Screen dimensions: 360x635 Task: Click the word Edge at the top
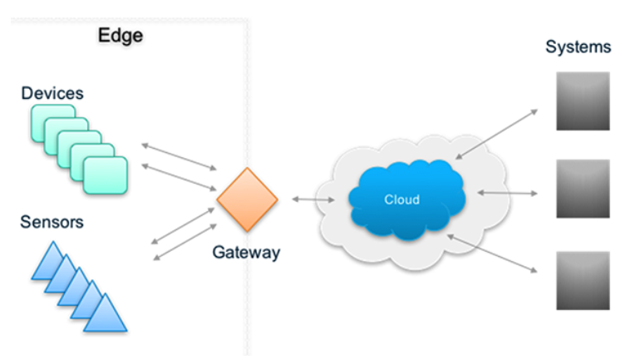[x=121, y=35]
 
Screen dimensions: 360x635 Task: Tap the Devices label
[x=52, y=93]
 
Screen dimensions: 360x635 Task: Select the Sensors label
[x=52, y=223]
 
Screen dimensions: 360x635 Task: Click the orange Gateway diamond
[x=246, y=200]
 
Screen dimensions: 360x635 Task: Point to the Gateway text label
[x=246, y=251]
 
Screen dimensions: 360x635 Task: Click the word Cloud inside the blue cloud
[x=401, y=200]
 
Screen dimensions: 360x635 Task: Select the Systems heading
[x=578, y=47]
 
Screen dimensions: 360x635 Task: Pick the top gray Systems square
[x=583, y=101]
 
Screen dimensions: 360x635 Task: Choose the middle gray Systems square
[x=583, y=189]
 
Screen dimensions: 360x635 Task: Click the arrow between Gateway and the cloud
[x=313, y=200]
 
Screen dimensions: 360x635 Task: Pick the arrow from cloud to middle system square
[x=508, y=193]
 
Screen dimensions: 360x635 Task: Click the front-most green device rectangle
[x=106, y=174]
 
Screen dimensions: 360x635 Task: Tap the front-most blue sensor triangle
[x=106, y=314]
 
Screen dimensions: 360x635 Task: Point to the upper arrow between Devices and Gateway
[x=178, y=155]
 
